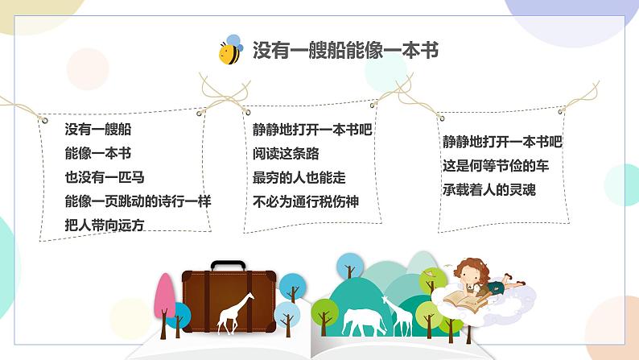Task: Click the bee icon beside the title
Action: click(231, 51)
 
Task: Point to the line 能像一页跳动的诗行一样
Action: click(138, 201)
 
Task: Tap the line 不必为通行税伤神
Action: click(305, 201)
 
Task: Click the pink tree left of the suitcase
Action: click(165, 298)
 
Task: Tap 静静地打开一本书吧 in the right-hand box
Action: click(501, 142)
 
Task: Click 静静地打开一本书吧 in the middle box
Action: click(312, 129)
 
